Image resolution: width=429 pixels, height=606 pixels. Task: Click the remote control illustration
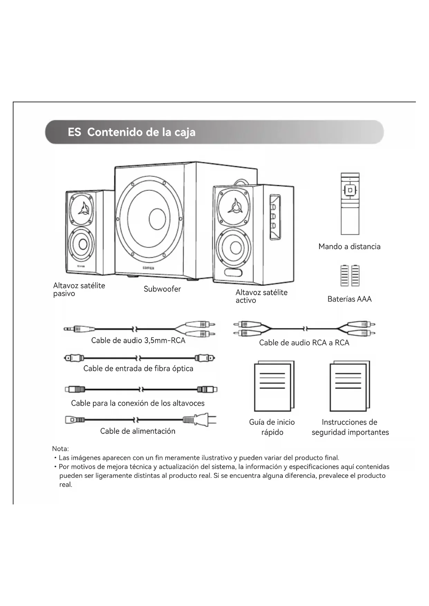pyautogui.click(x=350, y=204)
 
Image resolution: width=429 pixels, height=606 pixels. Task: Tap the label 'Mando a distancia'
pyautogui.click(x=349, y=247)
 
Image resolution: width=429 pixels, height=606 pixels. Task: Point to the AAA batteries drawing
pyautogui.click(x=350, y=276)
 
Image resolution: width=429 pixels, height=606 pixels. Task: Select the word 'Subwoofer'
pyautogui.click(x=162, y=289)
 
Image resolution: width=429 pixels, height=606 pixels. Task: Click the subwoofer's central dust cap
pyautogui.click(x=157, y=219)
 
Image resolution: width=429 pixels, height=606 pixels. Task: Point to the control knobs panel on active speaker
pyautogui.click(x=274, y=217)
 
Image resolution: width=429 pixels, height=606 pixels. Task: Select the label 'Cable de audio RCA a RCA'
pyautogui.click(x=304, y=343)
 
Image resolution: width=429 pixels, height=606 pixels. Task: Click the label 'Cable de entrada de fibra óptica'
pyautogui.click(x=138, y=369)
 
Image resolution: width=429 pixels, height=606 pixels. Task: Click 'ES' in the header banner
pyautogui.click(x=74, y=132)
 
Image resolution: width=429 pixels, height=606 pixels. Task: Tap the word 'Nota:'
pyautogui.click(x=60, y=449)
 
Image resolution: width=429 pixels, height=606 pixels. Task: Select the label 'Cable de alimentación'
pyautogui.click(x=138, y=431)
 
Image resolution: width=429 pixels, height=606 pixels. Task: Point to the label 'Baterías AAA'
pyautogui.click(x=349, y=299)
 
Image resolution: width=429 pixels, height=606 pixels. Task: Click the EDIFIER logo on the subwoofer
pyautogui.click(x=148, y=268)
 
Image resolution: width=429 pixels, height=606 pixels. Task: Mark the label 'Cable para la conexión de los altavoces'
pyautogui.click(x=138, y=403)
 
